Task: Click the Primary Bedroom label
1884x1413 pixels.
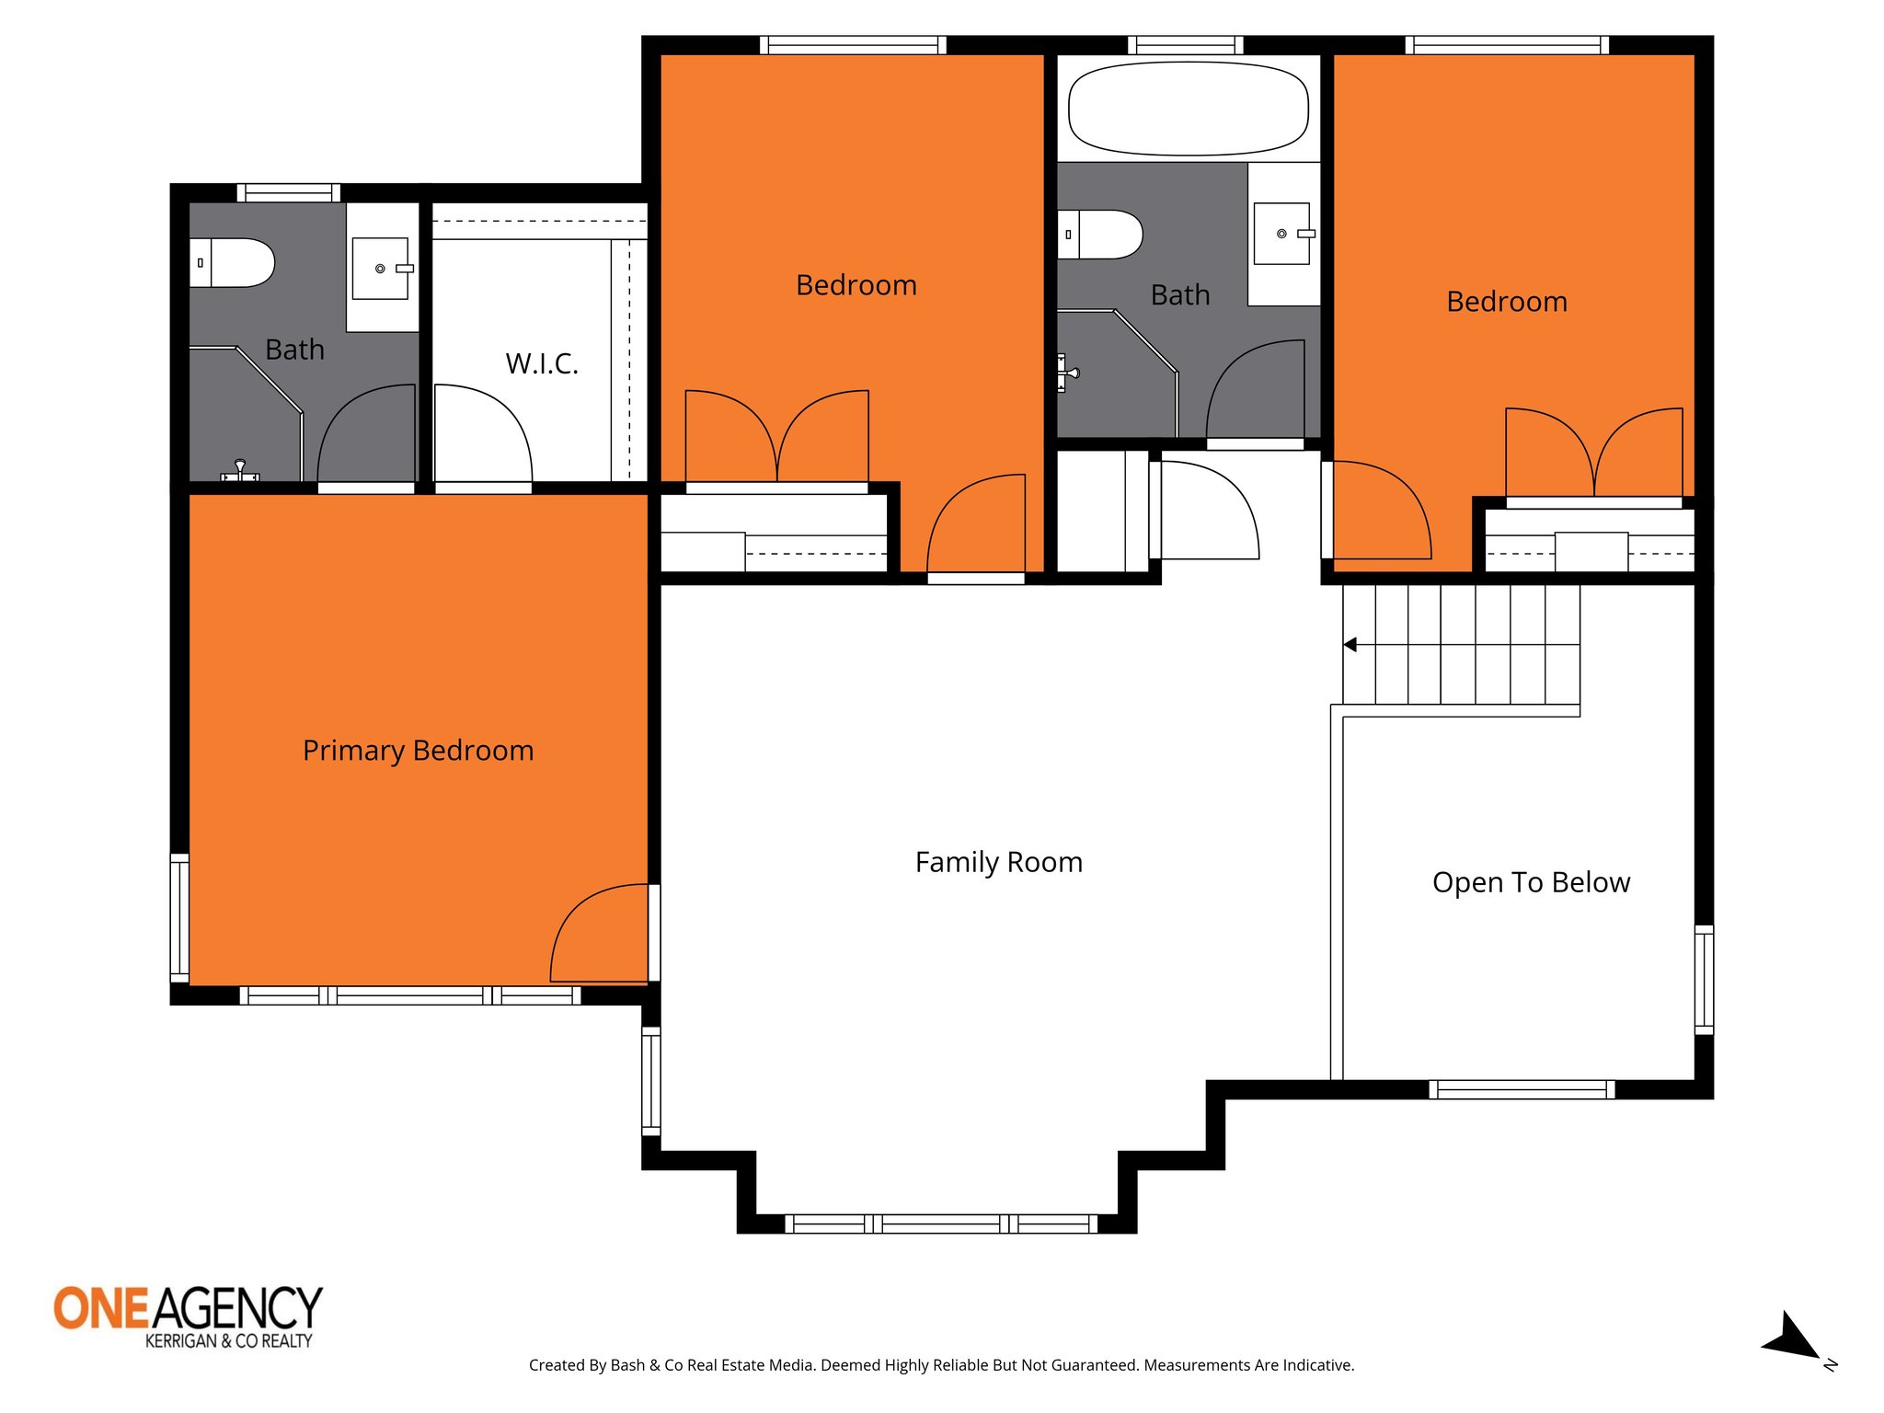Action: tap(418, 751)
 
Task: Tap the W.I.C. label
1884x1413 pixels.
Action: tap(542, 363)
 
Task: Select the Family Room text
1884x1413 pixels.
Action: tap(998, 862)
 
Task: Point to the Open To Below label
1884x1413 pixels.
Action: tap(1531, 882)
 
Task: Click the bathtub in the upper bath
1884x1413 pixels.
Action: tap(1188, 109)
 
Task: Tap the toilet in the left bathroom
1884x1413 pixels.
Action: tap(232, 263)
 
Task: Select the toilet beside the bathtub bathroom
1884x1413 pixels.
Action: tap(1100, 235)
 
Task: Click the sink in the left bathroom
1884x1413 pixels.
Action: tap(380, 269)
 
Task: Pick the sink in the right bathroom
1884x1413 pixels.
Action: tap(1281, 234)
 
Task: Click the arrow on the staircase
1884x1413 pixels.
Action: tap(1350, 645)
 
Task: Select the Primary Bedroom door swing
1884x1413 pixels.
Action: tap(598, 934)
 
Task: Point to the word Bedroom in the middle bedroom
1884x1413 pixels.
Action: tap(856, 285)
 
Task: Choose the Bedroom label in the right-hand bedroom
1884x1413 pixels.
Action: tap(1506, 302)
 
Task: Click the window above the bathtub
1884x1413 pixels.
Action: tap(1185, 45)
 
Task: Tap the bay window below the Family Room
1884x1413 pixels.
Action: tap(941, 1223)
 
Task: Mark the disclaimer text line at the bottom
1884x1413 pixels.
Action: tap(941, 1365)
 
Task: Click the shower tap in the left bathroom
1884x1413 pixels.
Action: tap(240, 471)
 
